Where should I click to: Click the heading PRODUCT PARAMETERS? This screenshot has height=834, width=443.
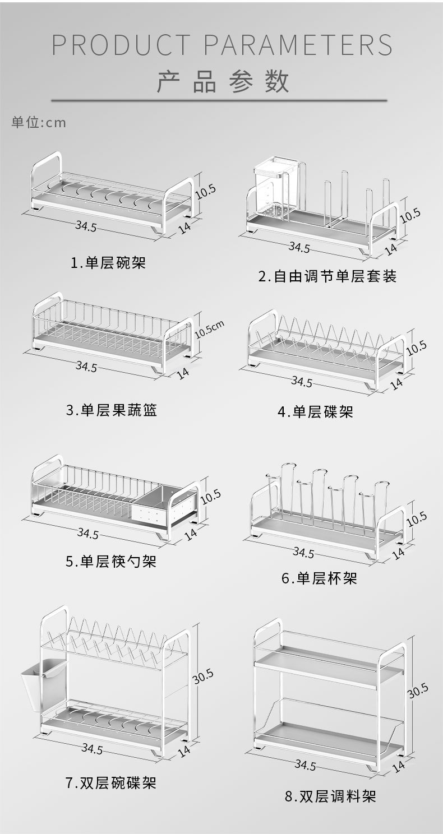222,45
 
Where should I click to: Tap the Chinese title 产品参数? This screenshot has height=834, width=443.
222,82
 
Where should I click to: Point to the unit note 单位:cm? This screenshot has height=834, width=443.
39,122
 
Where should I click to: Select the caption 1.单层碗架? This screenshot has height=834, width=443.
108,262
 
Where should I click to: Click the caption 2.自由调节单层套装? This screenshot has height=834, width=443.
327,276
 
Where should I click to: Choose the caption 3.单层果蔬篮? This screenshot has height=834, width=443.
112,410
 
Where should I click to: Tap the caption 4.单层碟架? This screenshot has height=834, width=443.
316,413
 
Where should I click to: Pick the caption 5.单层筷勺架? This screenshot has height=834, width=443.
111,561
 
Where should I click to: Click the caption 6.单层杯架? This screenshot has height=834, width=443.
319,578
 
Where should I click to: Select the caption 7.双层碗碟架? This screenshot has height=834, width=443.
111,782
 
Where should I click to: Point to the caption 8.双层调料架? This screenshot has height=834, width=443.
330,796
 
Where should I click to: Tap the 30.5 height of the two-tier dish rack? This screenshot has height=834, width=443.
203,677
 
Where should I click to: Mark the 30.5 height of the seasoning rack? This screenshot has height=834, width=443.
418,691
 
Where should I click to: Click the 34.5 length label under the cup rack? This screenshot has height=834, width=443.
303,553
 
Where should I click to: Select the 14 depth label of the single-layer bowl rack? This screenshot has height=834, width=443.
183,226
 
